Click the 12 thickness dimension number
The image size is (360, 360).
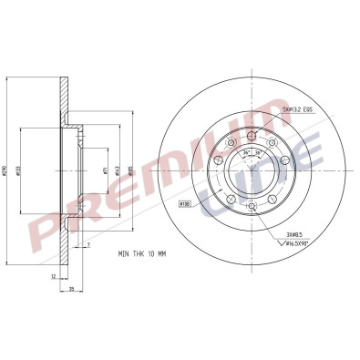(x=54, y=275)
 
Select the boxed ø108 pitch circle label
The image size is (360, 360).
(x=183, y=203)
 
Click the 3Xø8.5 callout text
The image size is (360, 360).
(x=295, y=234)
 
